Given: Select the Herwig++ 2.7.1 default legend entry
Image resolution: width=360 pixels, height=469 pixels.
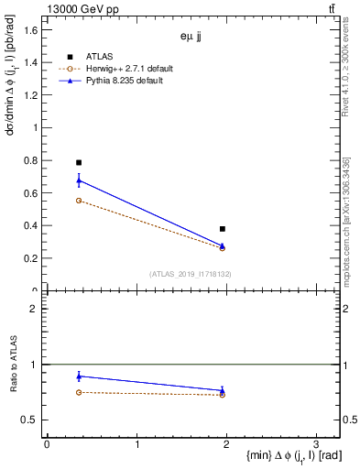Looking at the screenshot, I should click(134, 69).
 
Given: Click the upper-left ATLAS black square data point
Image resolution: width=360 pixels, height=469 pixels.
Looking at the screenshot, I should click(79, 162).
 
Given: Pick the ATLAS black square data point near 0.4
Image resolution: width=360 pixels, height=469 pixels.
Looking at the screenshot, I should click(223, 228).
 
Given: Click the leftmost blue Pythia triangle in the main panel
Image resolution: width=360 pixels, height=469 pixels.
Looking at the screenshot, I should click(79, 180).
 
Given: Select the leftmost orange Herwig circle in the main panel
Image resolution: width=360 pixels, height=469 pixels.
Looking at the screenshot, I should click(79, 200).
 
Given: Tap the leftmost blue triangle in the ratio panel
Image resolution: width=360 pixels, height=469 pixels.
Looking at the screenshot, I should click(79, 376).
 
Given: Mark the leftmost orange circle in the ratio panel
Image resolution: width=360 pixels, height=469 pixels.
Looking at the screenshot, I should click(79, 392).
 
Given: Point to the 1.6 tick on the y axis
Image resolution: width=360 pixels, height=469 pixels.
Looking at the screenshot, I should click(31, 30).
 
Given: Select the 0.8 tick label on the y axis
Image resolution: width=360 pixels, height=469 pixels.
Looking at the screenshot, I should click(31, 161).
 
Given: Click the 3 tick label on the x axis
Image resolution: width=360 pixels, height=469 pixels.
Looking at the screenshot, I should click(315, 443).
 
